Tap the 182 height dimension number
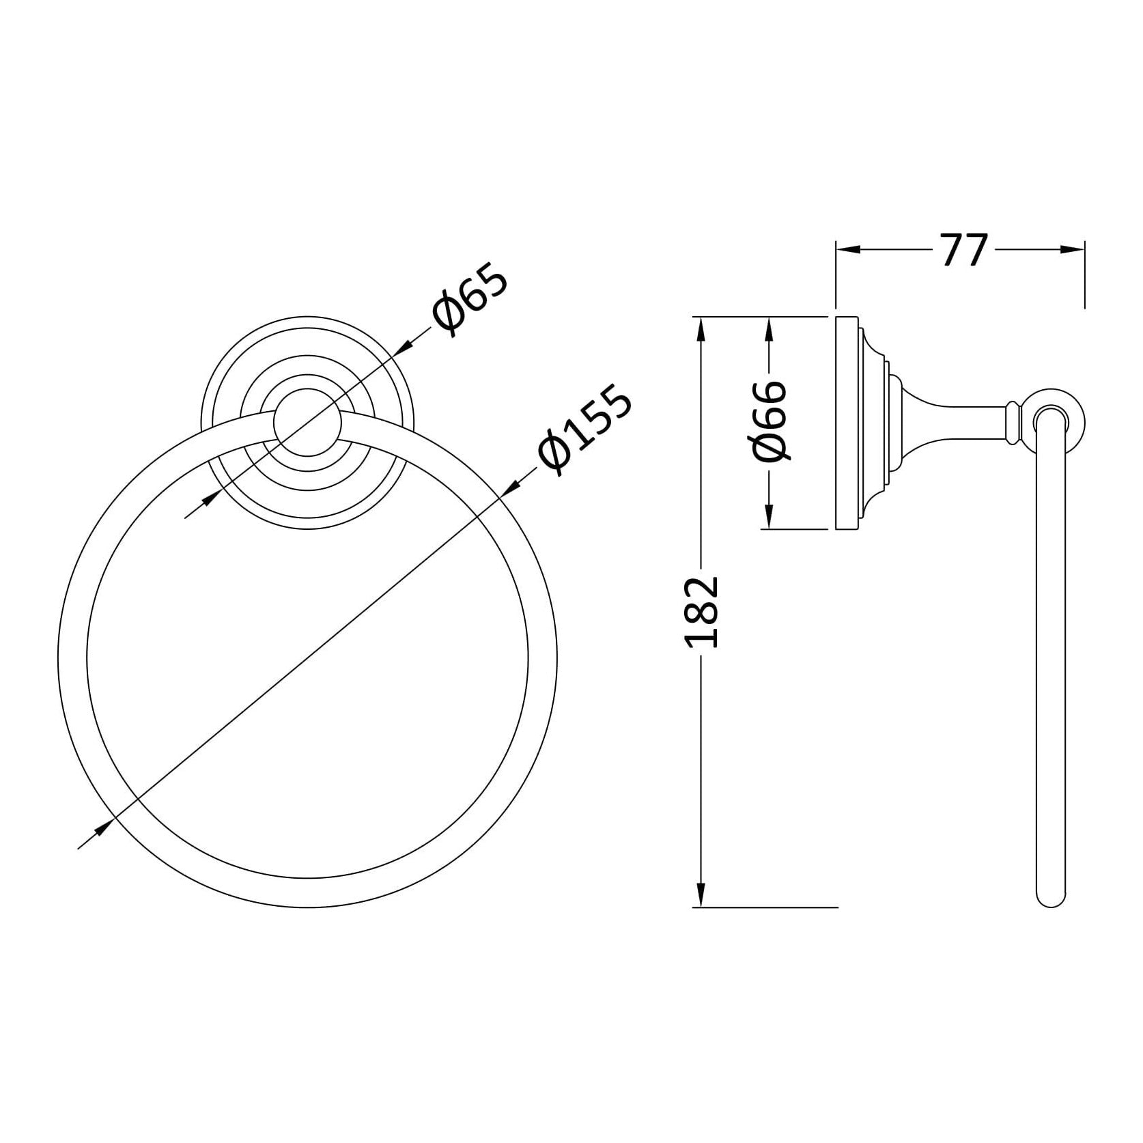(701, 610)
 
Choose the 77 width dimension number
(964, 251)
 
